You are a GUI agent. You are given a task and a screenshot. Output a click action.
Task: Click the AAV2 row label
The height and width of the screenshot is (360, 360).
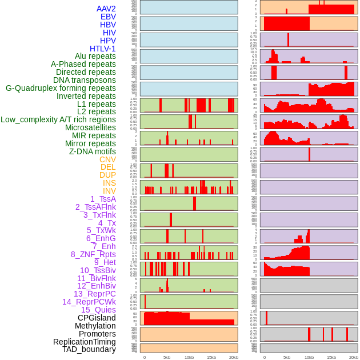(x=106, y=9)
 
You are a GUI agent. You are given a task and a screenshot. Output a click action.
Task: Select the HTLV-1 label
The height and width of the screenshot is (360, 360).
(x=103, y=49)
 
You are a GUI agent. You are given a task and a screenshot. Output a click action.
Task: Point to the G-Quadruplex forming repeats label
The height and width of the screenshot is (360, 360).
(x=61, y=88)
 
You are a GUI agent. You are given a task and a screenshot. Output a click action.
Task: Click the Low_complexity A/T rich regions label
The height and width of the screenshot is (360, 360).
(x=58, y=119)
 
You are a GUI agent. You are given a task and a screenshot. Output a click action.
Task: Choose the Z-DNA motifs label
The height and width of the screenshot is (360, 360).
(x=93, y=151)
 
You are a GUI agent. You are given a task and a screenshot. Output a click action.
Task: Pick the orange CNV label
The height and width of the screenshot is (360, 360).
(x=107, y=159)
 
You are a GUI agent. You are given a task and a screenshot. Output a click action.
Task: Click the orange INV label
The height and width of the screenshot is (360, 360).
(x=109, y=191)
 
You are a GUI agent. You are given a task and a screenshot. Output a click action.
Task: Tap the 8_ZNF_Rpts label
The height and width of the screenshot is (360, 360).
(x=93, y=254)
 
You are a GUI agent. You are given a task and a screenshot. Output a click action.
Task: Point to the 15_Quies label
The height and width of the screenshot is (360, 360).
(x=98, y=310)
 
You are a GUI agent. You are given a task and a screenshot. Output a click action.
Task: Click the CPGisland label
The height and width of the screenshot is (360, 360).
(x=97, y=318)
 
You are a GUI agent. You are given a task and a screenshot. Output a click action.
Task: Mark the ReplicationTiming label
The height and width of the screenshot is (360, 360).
(x=85, y=342)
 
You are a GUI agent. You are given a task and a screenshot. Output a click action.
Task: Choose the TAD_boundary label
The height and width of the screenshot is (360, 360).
(x=89, y=349)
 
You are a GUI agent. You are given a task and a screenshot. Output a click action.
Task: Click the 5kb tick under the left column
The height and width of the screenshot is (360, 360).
(x=167, y=357)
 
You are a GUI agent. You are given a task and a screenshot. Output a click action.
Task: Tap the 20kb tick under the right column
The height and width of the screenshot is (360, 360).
(x=354, y=357)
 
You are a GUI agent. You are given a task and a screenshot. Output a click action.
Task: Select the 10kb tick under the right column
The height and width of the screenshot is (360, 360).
(x=309, y=357)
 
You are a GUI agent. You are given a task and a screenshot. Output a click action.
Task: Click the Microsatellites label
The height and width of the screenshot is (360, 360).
(x=90, y=127)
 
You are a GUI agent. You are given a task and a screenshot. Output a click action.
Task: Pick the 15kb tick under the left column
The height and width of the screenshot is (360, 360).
(x=211, y=357)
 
